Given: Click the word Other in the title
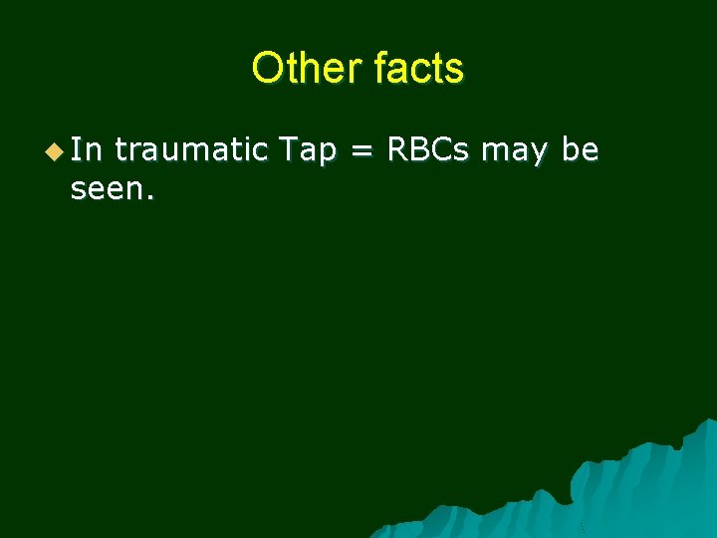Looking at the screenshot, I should [x=307, y=68].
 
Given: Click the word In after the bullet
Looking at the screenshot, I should [x=87, y=150].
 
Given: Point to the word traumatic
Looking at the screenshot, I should [x=190, y=150].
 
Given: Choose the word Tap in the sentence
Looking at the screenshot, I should [x=307, y=151].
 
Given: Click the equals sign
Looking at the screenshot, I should [x=360, y=151].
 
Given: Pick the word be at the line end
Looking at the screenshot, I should [x=580, y=150].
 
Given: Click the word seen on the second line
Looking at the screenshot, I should [x=106, y=189].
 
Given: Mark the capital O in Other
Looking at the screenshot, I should [x=267, y=68].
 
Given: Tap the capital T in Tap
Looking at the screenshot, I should [x=287, y=150].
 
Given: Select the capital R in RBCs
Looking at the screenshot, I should [x=394, y=150].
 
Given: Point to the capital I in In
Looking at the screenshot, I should [x=77, y=150].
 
